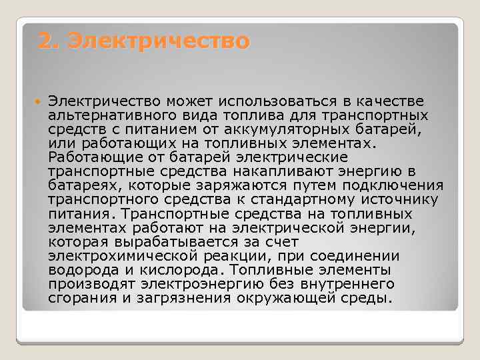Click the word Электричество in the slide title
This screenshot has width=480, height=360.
click(159, 41)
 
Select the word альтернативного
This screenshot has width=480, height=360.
click(100, 115)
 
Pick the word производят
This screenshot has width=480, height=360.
click(86, 284)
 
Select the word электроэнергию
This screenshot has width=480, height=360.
click(187, 284)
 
